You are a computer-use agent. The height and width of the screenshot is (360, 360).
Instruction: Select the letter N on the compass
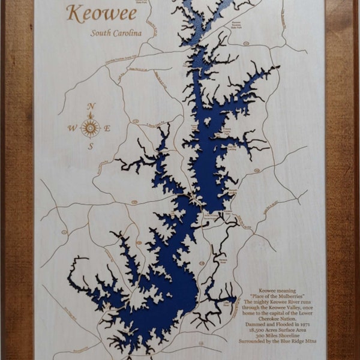point(91,107)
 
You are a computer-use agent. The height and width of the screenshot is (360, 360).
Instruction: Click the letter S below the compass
point(91,146)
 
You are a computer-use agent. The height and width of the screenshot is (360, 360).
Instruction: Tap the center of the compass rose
point(91,127)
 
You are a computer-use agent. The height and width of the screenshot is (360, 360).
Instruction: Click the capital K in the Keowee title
point(73,12)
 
